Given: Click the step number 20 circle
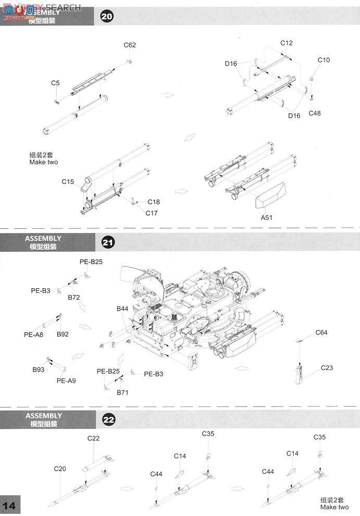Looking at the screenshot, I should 106,17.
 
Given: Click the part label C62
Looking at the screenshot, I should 130,45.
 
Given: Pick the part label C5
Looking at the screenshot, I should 55,83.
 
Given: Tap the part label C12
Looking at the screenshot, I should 287,43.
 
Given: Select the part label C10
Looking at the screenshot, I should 324,60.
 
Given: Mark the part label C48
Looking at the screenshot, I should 315,113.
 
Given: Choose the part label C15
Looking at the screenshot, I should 68,181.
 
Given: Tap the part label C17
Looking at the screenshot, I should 151,213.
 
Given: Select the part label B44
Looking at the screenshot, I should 122,309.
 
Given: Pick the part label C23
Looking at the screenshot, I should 327,367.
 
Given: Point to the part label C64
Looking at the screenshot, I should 321,333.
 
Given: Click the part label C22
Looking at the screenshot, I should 93,438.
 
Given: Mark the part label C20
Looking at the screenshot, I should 60,469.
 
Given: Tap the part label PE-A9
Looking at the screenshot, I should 66,380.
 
